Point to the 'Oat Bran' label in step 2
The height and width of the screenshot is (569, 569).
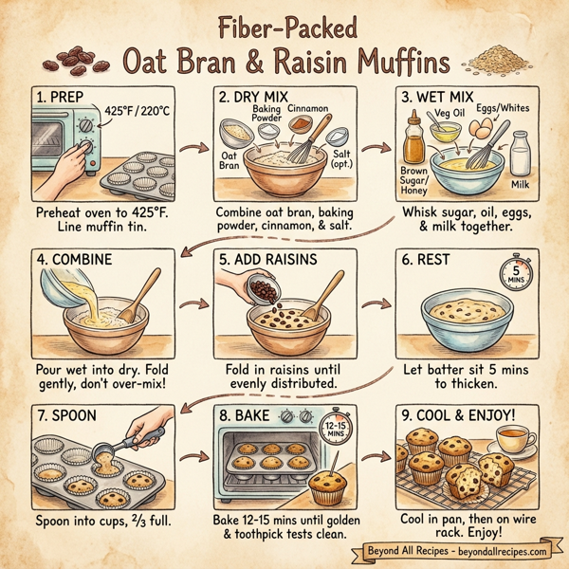click(230, 162)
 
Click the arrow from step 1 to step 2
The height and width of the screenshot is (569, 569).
click(193, 150)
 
